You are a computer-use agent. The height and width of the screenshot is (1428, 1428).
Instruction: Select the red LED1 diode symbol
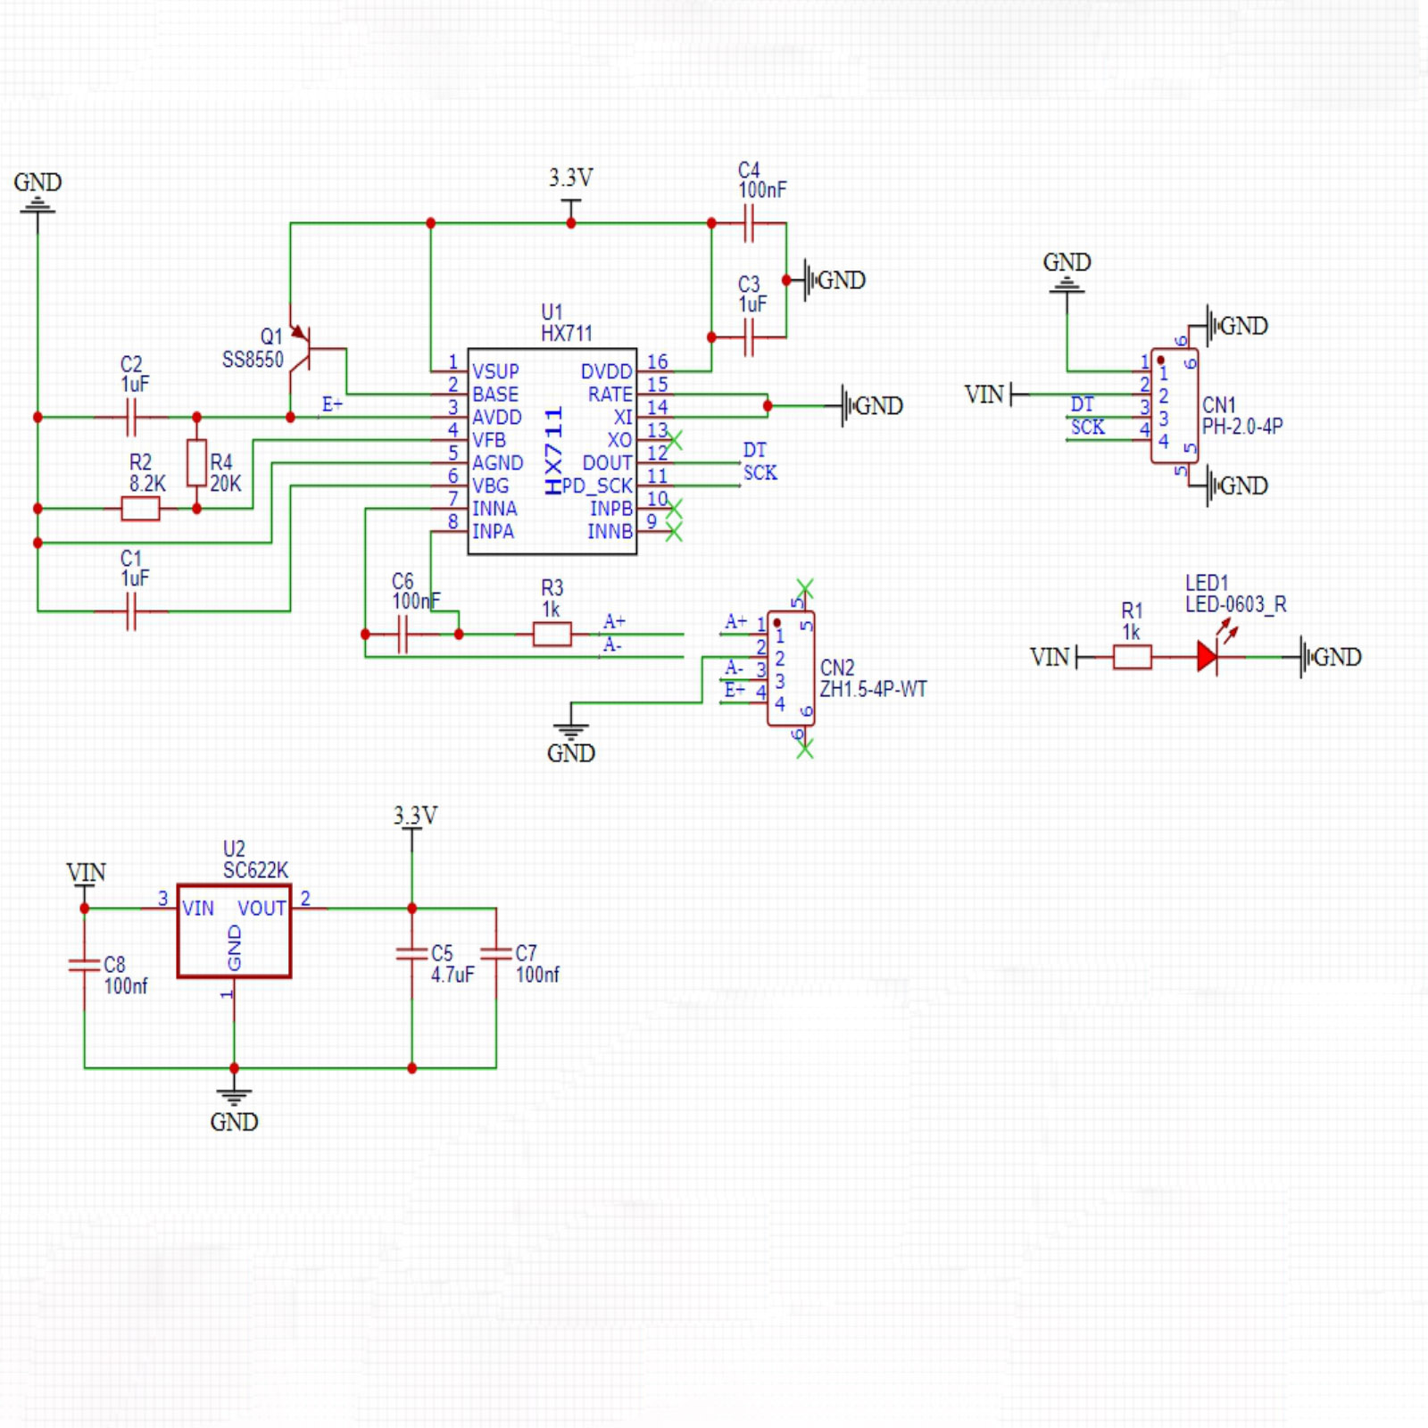1208,658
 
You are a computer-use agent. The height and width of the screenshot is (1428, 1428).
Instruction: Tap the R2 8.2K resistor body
140,509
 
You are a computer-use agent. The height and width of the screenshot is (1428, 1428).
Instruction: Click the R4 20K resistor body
196,462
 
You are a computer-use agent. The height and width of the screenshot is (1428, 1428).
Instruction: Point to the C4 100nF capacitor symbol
749,223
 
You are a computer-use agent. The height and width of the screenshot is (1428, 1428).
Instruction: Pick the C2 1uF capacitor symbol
131,417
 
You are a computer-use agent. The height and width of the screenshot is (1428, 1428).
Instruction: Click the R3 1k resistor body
552,635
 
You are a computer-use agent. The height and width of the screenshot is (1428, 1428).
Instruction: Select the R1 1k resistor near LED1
1132,658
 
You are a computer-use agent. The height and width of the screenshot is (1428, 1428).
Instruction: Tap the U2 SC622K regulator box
234,932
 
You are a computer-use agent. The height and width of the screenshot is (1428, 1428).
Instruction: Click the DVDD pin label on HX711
606,371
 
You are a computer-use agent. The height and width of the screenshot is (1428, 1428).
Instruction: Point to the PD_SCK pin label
597,486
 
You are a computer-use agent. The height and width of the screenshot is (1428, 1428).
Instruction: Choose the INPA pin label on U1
493,532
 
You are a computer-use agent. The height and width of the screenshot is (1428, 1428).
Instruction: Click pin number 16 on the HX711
658,361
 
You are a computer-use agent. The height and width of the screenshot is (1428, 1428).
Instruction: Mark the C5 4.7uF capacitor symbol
411,953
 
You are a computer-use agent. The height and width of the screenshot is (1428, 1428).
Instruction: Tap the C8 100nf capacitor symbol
85,964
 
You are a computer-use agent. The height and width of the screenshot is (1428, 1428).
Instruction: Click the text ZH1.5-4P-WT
873,689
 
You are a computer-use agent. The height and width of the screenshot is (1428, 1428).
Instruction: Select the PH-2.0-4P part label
1242,427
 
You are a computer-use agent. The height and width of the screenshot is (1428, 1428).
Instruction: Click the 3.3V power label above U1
570,178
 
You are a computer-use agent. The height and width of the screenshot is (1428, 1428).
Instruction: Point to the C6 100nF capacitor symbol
403,635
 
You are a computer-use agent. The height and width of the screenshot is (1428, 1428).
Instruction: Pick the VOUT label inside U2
262,909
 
